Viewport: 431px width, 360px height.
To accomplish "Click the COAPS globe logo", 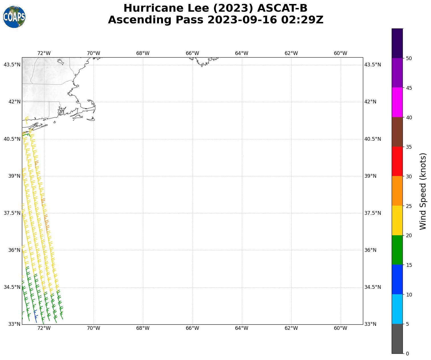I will pyautogui.click(x=14, y=17).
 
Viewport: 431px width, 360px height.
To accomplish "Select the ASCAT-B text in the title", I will pyautogui.click(x=282, y=8).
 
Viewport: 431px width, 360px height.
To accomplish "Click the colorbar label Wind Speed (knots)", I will pyautogui.click(x=423, y=191).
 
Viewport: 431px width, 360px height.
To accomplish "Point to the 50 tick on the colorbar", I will pyautogui.click(x=409, y=58).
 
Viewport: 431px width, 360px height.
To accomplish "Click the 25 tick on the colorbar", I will pyautogui.click(x=409, y=206).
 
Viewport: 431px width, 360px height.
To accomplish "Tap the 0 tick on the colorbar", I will pyautogui.click(x=407, y=353).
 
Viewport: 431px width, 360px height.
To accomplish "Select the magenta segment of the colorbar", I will pyautogui.click(x=397, y=102).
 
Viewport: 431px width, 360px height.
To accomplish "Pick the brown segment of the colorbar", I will pyautogui.click(x=397, y=132).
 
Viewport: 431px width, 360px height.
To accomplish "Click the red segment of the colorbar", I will pyautogui.click(x=397, y=161).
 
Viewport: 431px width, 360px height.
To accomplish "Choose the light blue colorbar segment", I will pyautogui.click(x=397, y=309).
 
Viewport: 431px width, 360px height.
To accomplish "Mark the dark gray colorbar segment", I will pyautogui.click(x=397, y=339).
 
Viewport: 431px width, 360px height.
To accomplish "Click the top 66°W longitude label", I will pyautogui.click(x=192, y=53).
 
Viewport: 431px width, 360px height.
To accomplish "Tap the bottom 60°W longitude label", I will pyautogui.click(x=340, y=328).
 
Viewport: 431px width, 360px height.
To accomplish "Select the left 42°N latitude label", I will pyautogui.click(x=12, y=102).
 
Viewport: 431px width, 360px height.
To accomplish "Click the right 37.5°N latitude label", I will pyautogui.click(x=373, y=213).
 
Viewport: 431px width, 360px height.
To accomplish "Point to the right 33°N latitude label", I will pyautogui.click(x=370, y=324).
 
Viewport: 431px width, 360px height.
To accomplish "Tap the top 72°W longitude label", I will pyautogui.click(x=44, y=53).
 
